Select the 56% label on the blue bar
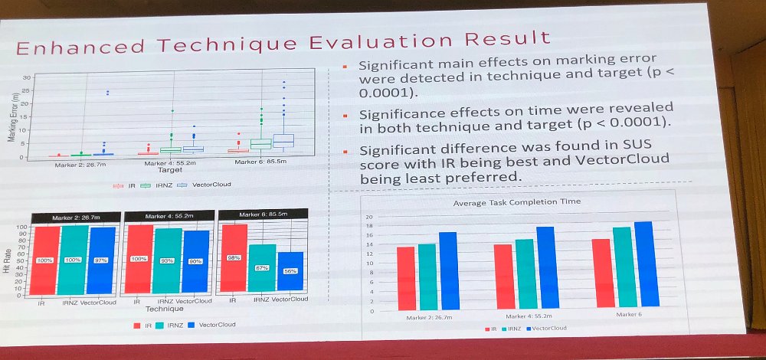click(x=290, y=271)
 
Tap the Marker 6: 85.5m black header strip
click(x=262, y=215)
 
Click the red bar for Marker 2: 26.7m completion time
click(x=405, y=277)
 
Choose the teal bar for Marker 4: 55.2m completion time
click(x=525, y=273)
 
